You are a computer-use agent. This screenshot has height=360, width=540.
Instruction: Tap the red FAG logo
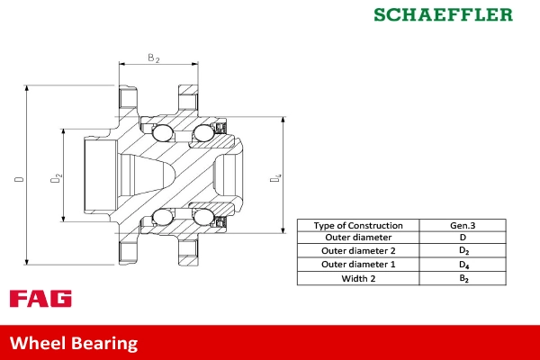[x=40, y=299]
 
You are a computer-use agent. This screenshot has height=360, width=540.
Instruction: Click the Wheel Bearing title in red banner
[x=74, y=343]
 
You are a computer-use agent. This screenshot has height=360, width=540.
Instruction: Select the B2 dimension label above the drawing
[x=154, y=58]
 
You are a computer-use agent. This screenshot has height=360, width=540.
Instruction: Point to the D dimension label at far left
[x=19, y=180]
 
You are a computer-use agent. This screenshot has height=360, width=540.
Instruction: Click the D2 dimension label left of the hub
[x=55, y=179]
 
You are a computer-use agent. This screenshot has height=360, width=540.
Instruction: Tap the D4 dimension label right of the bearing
[x=276, y=179]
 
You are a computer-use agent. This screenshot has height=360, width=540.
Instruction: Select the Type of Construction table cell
[x=358, y=225]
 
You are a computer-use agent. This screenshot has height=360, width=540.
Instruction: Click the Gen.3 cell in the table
[x=463, y=225]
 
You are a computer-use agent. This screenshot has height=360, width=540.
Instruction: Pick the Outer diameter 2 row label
[x=358, y=251]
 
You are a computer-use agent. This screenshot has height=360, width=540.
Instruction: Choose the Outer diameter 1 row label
[x=358, y=265]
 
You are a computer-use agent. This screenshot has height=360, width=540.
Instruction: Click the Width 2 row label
[x=358, y=278]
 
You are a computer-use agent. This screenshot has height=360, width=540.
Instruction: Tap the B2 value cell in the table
[x=463, y=279]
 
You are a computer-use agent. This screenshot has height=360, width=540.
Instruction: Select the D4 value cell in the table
[x=463, y=265]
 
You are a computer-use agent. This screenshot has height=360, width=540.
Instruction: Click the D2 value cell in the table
[x=463, y=251]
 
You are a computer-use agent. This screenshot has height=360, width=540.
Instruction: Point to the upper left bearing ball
[x=162, y=134]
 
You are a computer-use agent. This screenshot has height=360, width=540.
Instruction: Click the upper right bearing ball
[x=202, y=134]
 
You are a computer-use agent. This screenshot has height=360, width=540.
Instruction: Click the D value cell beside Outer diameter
[x=463, y=238]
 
